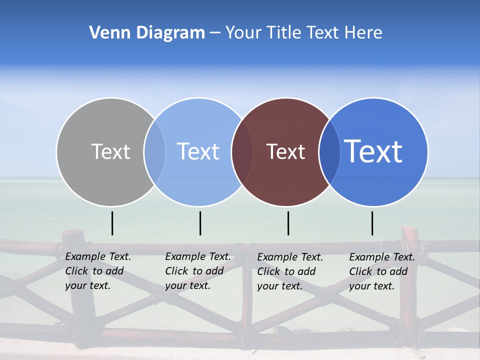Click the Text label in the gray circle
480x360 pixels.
click(x=110, y=151)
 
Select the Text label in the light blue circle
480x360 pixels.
click(x=198, y=151)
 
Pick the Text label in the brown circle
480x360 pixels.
click(x=285, y=151)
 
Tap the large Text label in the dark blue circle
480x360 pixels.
click(x=373, y=151)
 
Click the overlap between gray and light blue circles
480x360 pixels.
click(x=154, y=151)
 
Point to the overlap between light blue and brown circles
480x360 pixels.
click(x=242, y=151)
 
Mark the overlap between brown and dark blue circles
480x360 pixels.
click(x=329, y=151)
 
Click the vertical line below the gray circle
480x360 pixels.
click(x=112, y=223)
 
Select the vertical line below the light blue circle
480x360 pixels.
click(x=200, y=223)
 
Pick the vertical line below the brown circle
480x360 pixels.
click(x=288, y=223)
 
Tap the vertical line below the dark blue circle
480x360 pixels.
click(x=372, y=223)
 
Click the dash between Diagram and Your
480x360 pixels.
click(x=215, y=33)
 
